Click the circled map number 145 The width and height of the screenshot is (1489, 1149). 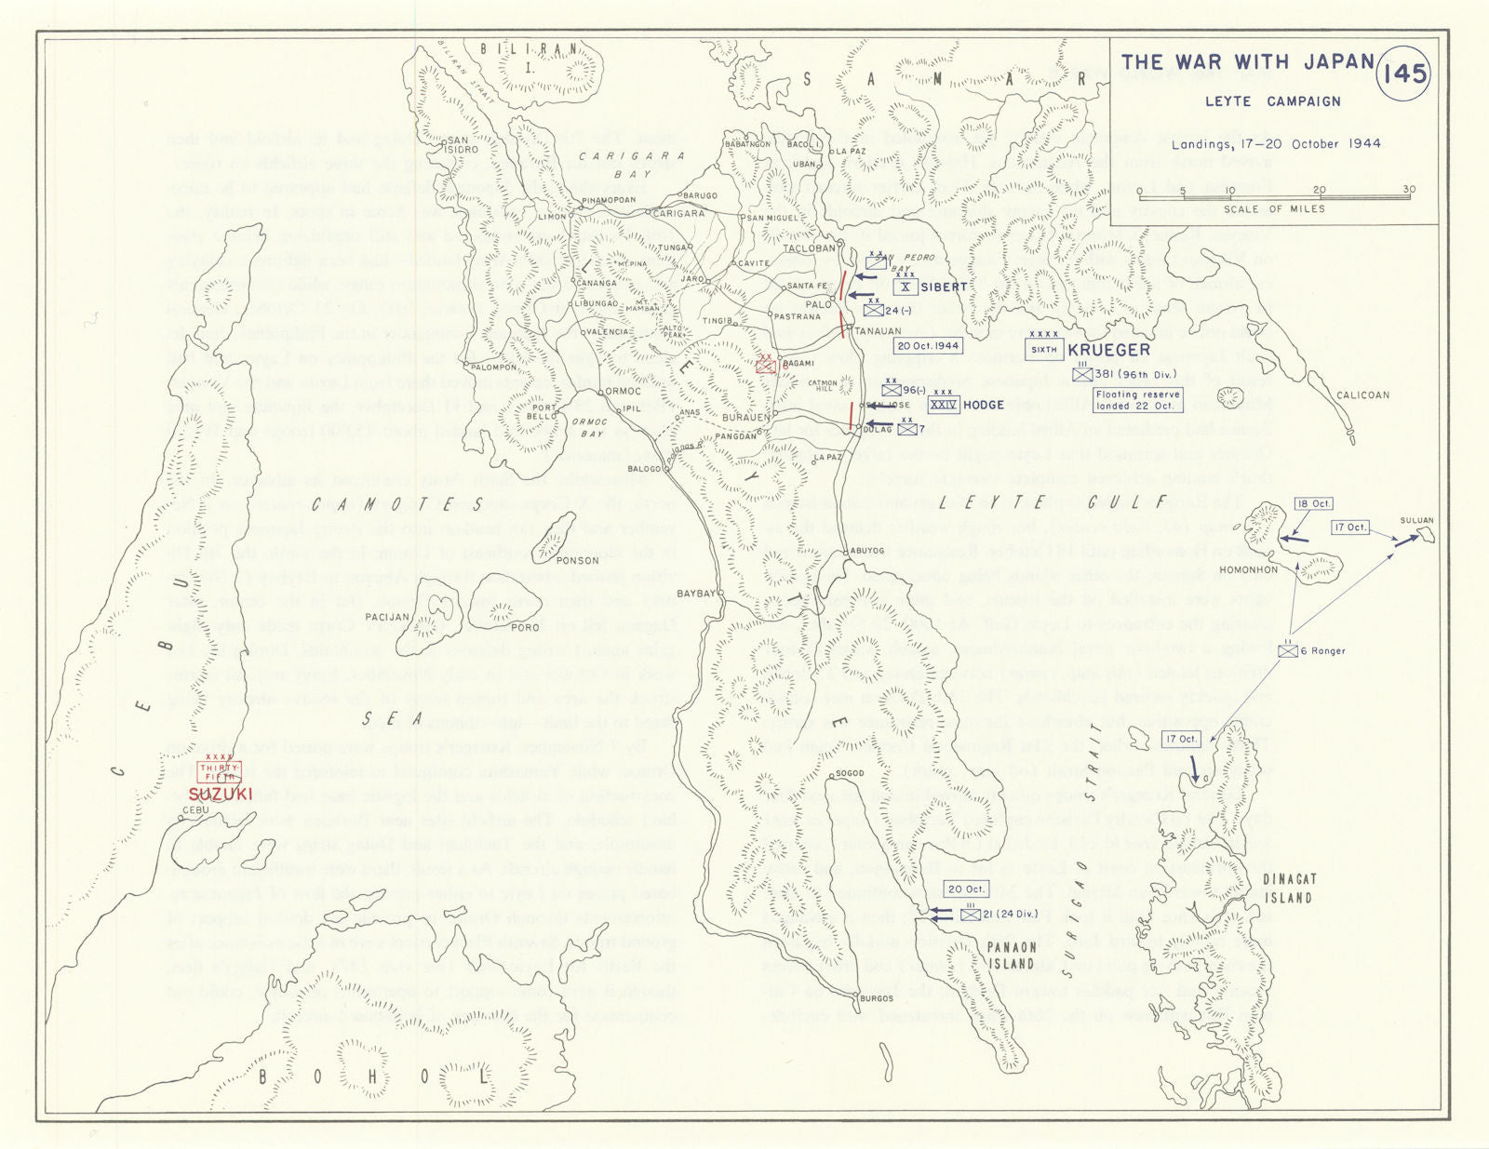1402,73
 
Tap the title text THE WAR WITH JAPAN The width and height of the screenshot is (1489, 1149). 1247,62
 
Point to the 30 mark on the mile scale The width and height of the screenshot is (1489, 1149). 1408,190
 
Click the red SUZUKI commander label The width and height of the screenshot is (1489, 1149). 220,794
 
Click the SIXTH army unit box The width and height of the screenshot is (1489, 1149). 1044,350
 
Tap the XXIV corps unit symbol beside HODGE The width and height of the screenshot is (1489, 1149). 943,405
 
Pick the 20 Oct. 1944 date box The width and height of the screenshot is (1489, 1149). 927,345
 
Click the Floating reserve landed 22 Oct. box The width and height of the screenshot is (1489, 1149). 1137,400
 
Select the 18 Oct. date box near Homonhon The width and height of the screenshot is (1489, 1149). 1313,504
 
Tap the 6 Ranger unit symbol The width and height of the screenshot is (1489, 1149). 1288,650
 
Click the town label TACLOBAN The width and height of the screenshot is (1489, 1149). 811,248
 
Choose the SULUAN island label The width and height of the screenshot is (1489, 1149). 1415,521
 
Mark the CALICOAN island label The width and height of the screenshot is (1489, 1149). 1362,395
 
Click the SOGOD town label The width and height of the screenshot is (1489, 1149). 850,773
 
